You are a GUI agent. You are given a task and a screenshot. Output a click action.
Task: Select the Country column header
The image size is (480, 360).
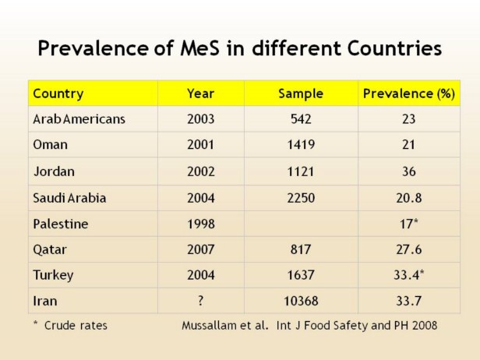[x=58, y=94]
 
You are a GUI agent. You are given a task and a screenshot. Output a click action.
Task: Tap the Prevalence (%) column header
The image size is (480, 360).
[x=409, y=94]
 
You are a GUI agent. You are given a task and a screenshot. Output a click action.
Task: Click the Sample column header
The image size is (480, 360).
[x=301, y=94]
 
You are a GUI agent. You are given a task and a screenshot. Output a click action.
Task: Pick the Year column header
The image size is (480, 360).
[x=200, y=94]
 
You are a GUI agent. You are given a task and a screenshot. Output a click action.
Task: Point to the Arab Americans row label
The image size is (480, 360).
[x=79, y=119]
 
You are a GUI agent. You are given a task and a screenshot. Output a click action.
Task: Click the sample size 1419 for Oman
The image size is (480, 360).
[x=301, y=145]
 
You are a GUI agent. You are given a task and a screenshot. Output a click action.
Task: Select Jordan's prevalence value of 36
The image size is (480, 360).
[x=409, y=171]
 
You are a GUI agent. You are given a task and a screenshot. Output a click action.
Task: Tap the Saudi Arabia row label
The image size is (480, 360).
[x=69, y=198]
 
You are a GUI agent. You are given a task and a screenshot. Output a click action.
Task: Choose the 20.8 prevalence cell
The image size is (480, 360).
[x=409, y=198]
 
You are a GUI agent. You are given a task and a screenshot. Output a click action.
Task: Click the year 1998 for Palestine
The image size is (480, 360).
[x=200, y=224]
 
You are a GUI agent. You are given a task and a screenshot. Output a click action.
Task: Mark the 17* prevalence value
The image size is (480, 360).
[x=409, y=224]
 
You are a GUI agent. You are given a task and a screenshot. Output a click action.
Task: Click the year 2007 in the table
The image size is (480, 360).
[x=200, y=249]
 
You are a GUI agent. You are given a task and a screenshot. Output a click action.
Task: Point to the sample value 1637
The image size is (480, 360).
[x=301, y=275]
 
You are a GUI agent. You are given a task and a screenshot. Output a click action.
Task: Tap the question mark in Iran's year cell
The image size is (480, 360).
[x=200, y=301]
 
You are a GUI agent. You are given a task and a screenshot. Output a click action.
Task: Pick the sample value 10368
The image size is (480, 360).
[x=301, y=301]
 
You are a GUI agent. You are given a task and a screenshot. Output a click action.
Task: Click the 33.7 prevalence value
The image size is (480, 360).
[x=409, y=301]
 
